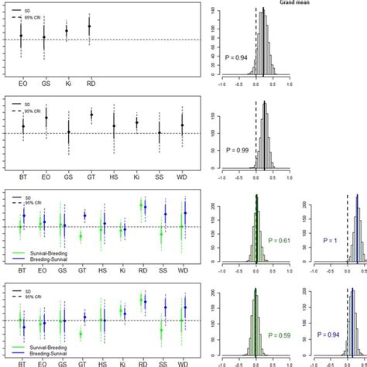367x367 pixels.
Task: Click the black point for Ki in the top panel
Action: (x=67, y=31)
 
